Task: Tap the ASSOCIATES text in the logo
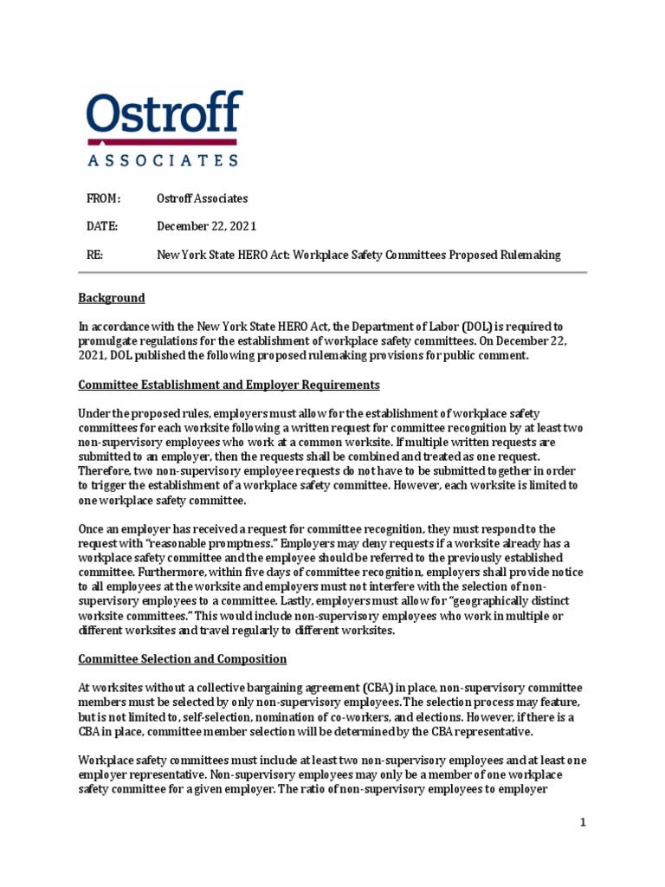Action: (164, 159)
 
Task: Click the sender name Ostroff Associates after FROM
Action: (202, 198)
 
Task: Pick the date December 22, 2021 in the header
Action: (206, 226)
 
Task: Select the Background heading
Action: (112, 298)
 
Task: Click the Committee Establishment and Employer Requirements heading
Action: (229, 384)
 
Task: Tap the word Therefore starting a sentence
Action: (107, 471)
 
